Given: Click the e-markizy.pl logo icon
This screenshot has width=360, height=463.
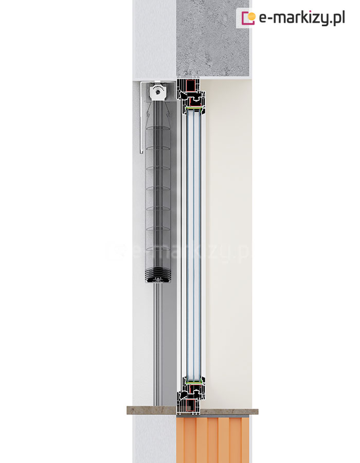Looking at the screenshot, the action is pyautogui.click(x=248, y=18).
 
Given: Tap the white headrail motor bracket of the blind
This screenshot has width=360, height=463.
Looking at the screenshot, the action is pyautogui.click(x=158, y=93).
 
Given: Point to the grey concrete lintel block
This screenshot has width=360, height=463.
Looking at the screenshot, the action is pyautogui.click(x=213, y=39).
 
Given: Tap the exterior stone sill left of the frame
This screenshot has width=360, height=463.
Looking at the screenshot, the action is pyautogui.click(x=152, y=410).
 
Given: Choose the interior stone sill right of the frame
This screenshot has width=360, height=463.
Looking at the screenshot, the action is pyautogui.click(x=229, y=412).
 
